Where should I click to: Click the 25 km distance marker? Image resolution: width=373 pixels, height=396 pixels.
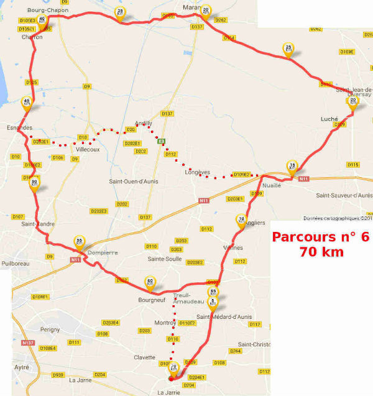288,49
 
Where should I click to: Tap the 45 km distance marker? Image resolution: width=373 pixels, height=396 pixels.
26,103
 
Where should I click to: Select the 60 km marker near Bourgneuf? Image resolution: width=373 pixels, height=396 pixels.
149,282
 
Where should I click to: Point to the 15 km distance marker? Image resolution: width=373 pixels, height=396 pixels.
292,166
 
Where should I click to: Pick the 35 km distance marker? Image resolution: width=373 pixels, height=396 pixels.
121,12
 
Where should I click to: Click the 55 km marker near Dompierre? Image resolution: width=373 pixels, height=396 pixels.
79,242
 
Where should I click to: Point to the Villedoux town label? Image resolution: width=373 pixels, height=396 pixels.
87,150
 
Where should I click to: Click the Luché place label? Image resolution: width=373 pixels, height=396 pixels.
329,118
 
